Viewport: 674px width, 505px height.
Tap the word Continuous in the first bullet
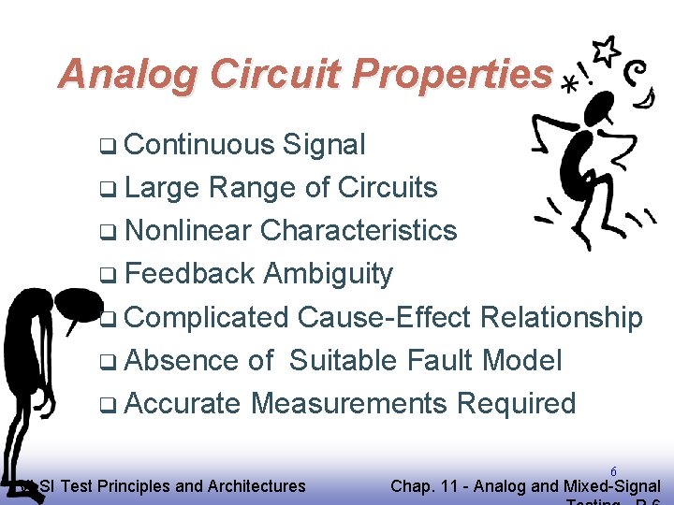click(198, 145)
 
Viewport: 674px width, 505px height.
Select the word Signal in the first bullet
click(324, 145)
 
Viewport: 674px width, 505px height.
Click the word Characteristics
click(359, 231)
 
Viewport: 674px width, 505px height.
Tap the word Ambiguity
click(328, 275)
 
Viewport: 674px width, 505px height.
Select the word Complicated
click(206, 318)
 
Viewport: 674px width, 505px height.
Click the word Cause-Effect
click(385, 318)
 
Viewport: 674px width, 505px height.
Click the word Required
click(516, 404)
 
